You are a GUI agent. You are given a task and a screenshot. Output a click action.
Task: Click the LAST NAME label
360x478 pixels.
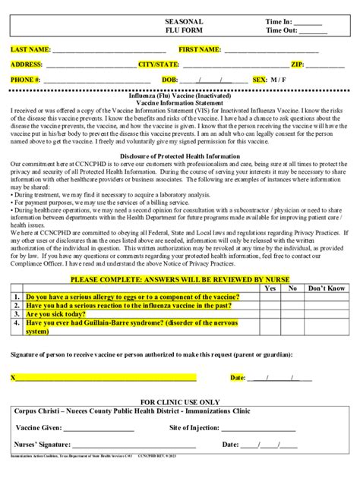tap(30, 49)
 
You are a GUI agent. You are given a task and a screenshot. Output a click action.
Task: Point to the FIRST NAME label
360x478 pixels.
tap(200, 49)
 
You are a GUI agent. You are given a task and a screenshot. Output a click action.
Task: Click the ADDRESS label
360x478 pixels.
tap(27, 64)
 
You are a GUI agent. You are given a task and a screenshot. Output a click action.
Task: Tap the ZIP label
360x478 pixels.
tap(298, 64)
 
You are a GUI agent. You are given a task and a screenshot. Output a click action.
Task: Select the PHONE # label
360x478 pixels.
tap(26, 80)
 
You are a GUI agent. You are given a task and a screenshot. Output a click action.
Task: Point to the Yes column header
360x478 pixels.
tap(270, 288)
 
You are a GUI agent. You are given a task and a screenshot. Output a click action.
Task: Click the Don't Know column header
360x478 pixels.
tap(327, 288)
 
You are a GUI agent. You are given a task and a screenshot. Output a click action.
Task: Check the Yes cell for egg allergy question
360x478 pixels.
tap(270, 297)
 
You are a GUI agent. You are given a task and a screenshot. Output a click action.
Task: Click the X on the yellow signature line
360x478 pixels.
tap(13, 377)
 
